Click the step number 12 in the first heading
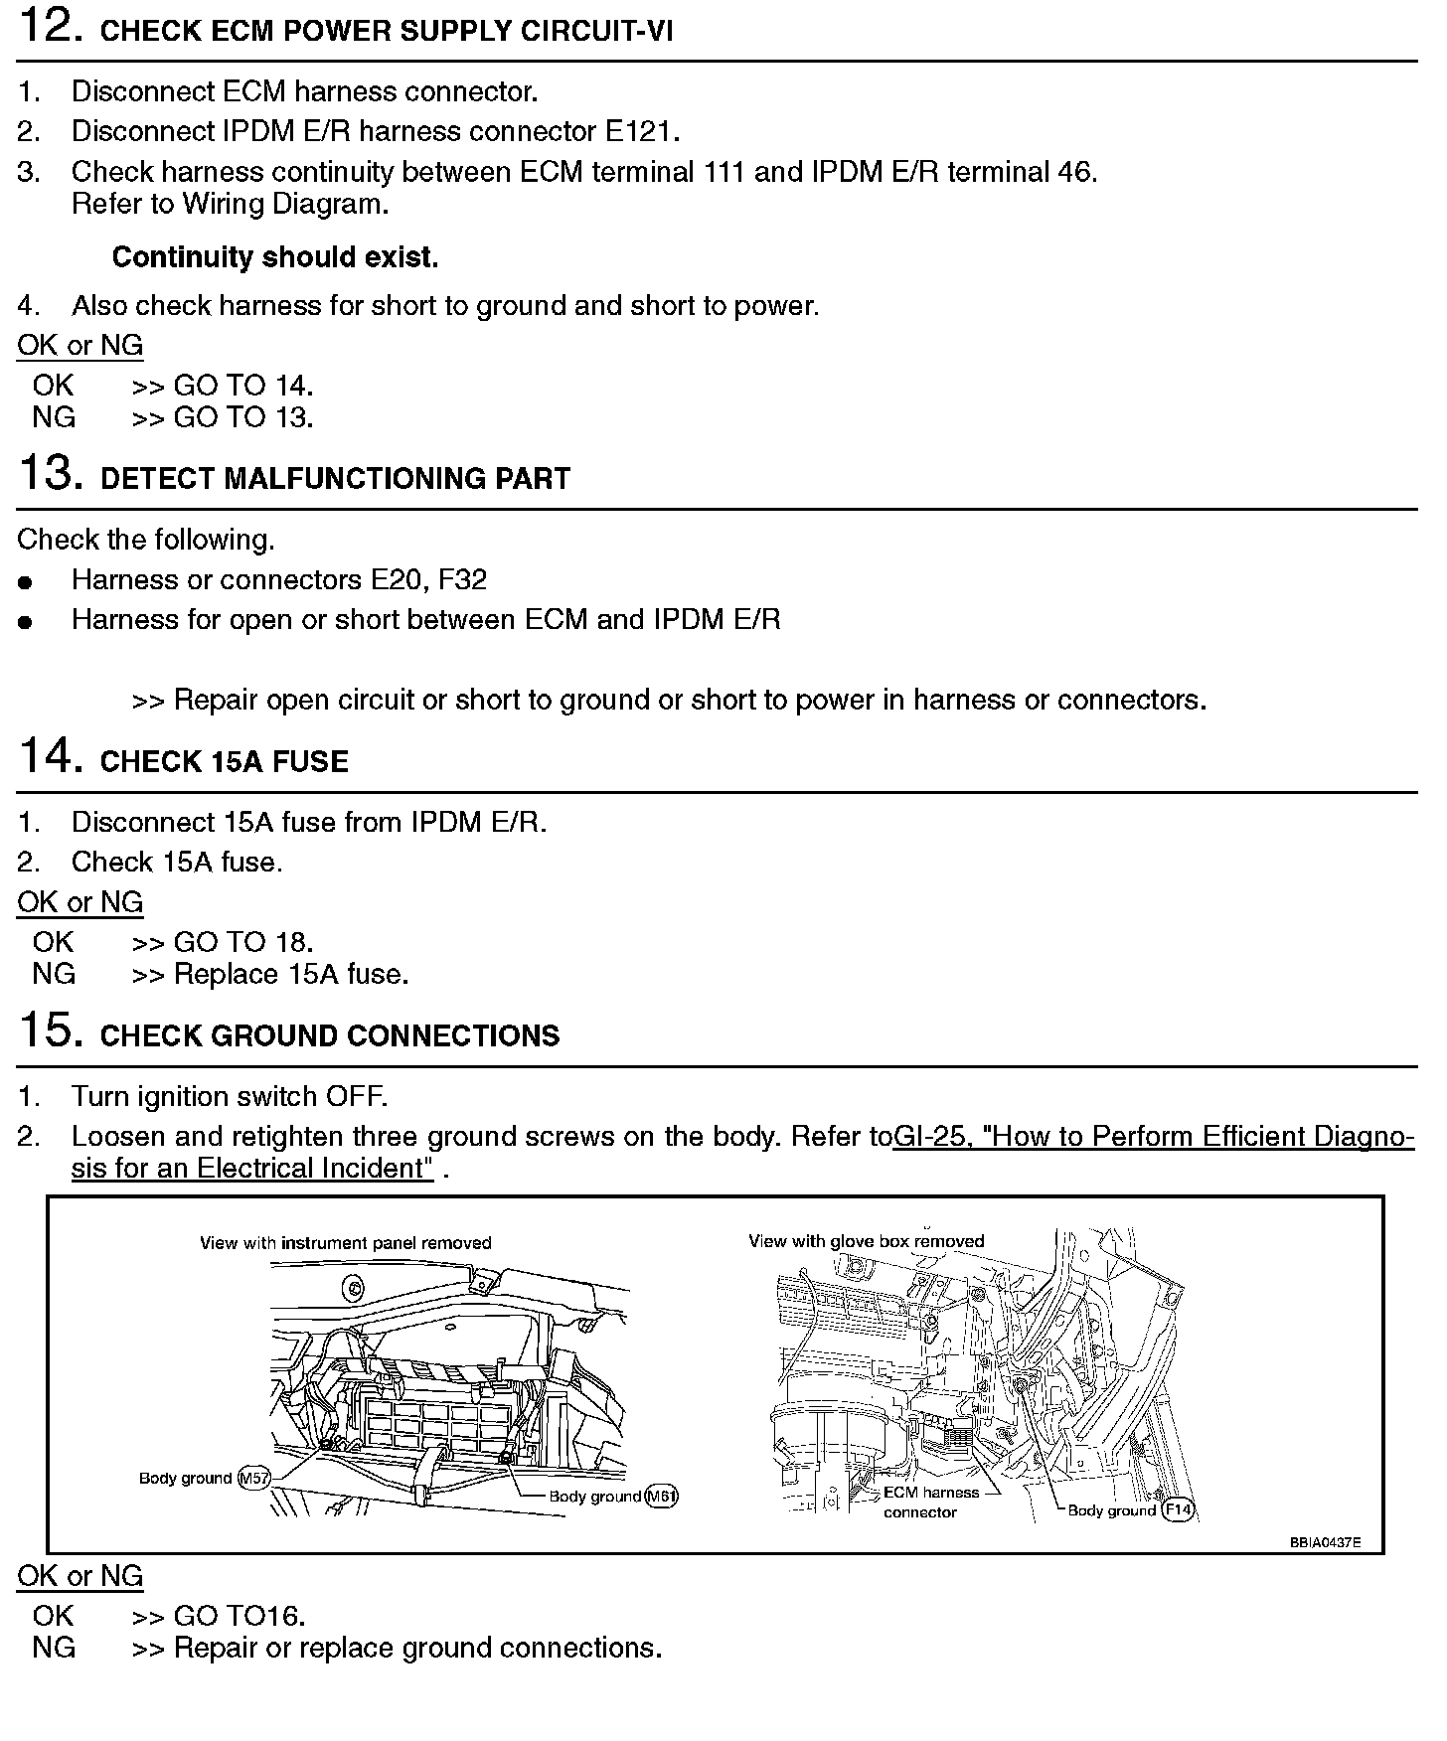click(49, 26)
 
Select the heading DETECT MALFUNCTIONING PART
click(335, 479)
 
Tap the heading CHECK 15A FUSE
click(225, 762)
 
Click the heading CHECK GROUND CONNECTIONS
click(330, 1036)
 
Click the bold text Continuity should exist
click(275, 257)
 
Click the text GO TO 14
click(243, 386)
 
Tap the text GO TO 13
click(243, 417)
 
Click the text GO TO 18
click(243, 942)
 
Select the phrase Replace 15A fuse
click(291, 974)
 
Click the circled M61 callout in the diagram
click(661, 1497)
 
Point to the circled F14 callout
click(1178, 1510)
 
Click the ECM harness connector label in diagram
click(930, 1503)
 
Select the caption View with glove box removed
click(866, 1241)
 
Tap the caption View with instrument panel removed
click(345, 1243)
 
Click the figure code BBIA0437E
click(1325, 1543)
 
